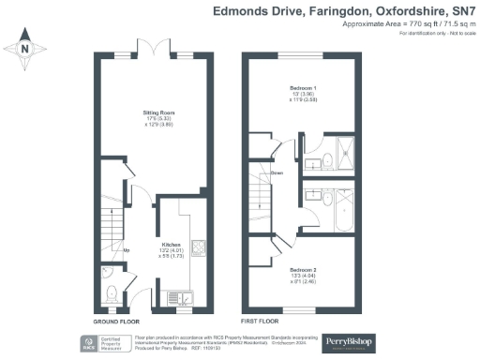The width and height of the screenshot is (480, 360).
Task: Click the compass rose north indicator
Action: pyautogui.click(x=26, y=48)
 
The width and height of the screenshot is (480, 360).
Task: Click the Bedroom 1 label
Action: pyautogui.click(x=300, y=92)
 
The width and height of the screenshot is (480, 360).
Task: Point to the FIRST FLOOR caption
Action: pyautogui.click(x=263, y=321)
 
